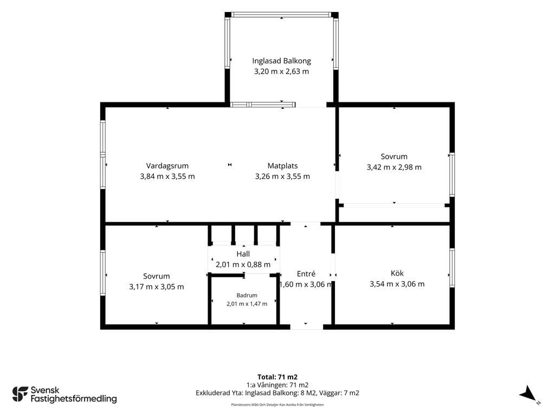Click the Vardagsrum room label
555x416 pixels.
(x=167, y=166)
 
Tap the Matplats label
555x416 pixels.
(x=282, y=166)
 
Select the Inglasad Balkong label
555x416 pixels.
(x=281, y=61)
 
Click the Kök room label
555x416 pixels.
(x=397, y=273)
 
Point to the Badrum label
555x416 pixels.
(x=247, y=295)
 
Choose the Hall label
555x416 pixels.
(x=243, y=253)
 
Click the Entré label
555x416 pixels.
(x=306, y=274)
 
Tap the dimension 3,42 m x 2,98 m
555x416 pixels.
(x=394, y=167)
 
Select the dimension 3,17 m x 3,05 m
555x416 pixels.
(x=157, y=287)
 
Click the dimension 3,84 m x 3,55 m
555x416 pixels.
(x=167, y=177)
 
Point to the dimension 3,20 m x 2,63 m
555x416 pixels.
(x=281, y=71)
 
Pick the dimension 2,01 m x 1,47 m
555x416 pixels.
(x=247, y=304)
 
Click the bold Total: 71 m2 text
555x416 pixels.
(x=277, y=377)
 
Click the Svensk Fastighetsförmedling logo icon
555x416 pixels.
(x=20, y=394)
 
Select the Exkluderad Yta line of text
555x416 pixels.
(x=277, y=393)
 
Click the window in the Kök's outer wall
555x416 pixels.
(x=452, y=268)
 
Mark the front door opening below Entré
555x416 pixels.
(x=307, y=327)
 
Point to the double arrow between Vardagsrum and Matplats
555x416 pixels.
(x=230, y=165)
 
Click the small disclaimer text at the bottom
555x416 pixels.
(x=277, y=405)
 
